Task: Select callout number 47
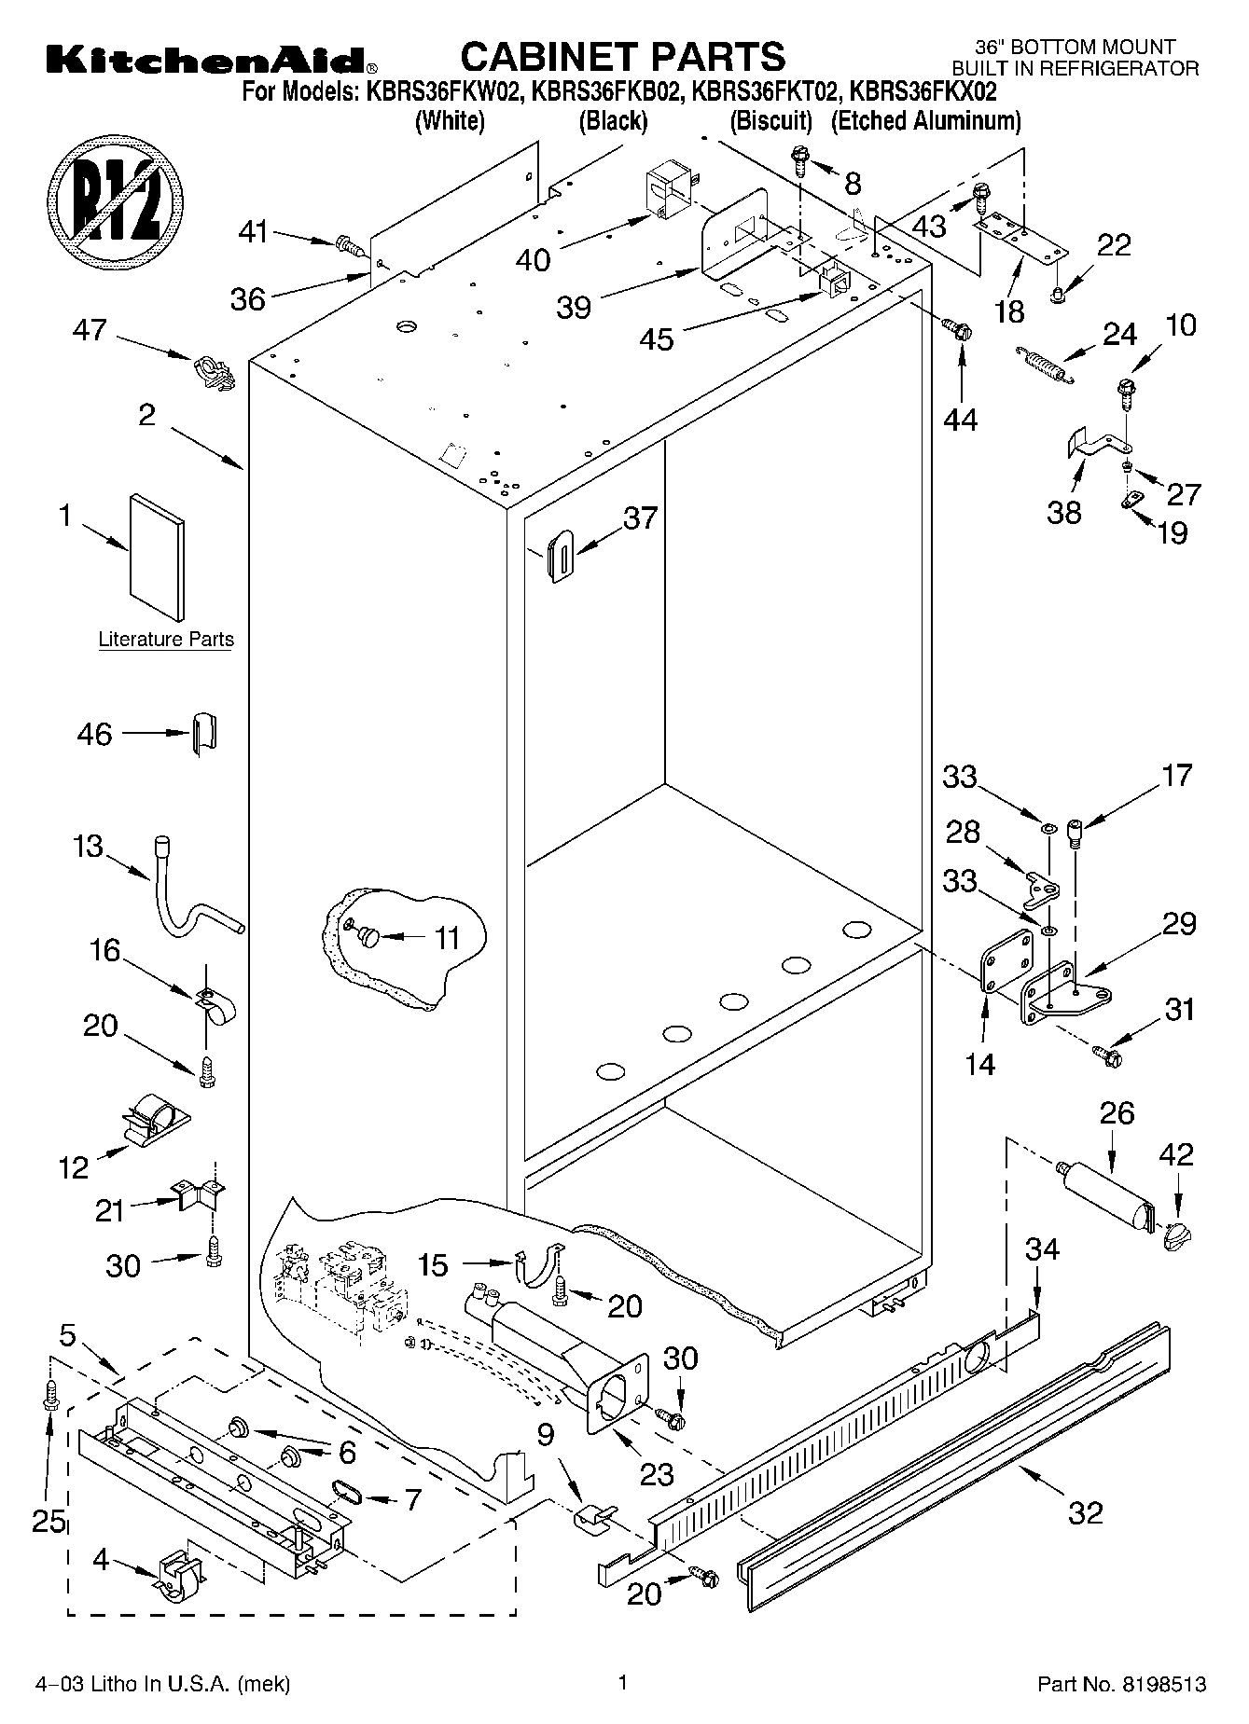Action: (90, 330)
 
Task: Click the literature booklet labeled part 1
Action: (157, 556)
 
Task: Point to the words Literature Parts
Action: (166, 640)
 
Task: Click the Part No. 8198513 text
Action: (1121, 1684)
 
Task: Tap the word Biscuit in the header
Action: (770, 120)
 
